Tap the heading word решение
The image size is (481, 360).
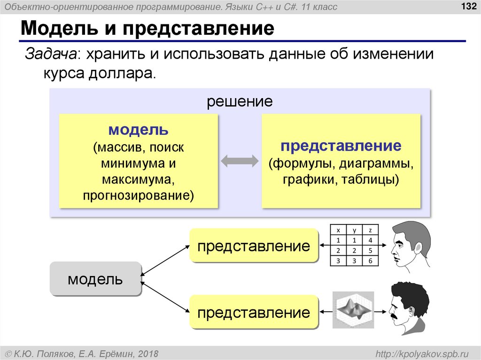[240, 101]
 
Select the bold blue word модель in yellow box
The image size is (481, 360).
[138, 130]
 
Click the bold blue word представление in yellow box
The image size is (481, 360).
[341, 146]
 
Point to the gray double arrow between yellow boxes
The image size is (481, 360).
[240, 161]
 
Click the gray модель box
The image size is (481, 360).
[95, 280]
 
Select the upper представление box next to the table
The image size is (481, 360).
[254, 245]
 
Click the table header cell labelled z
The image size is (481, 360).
[371, 230]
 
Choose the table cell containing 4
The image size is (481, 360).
[371, 240]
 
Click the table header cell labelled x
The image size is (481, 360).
[338, 230]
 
